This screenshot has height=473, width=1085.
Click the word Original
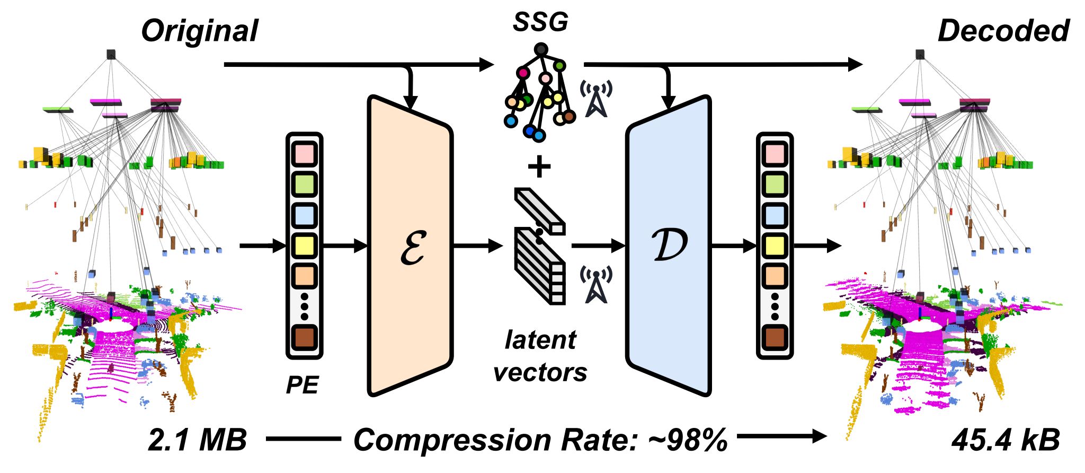click(x=199, y=31)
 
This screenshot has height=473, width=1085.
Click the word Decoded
click(x=1003, y=31)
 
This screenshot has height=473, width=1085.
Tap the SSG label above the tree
click(x=540, y=22)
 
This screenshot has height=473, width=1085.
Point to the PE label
click(x=303, y=384)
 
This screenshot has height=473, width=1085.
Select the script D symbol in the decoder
click(x=670, y=246)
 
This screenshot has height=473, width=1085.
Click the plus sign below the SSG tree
click(x=539, y=167)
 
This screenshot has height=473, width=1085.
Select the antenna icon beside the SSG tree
click(x=597, y=99)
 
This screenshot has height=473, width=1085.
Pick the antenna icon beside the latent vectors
click(x=597, y=284)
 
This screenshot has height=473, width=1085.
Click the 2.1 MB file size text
click(x=197, y=440)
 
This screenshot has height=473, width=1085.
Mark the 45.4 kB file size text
click(x=1006, y=440)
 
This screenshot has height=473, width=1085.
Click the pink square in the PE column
click(x=304, y=154)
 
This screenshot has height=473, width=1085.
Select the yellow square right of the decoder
click(x=775, y=246)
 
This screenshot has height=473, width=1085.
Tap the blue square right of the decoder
click(x=775, y=215)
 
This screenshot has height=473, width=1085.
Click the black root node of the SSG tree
click(x=540, y=50)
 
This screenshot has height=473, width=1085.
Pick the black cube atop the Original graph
click(x=111, y=54)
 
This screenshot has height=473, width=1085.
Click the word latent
click(x=540, y=339)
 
